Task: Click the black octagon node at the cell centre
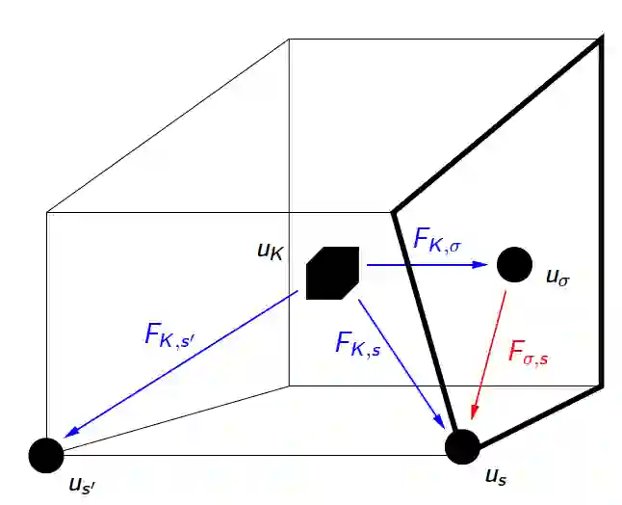(x=333, y=274)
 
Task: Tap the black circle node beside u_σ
(x=513, y=263)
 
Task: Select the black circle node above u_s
(x=462, y=445)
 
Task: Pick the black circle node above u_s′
(x=44, y=454)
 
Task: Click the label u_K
(x=271, y=252)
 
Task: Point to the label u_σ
(x=557, y=277)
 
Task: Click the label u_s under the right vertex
(x=495, y=476)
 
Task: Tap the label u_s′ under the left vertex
(x=81, y=485)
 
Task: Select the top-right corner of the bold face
(x=602, y=39)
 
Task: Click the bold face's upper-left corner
(x=392, y=211)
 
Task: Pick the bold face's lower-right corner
(x=602, y=386)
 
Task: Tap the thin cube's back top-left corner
(x=290, y=40)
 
